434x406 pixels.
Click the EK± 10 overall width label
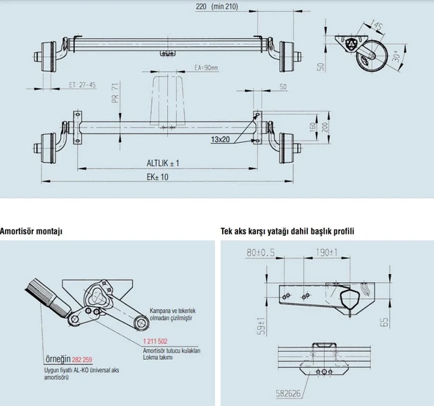[x=158, y=177]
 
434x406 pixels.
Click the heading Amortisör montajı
[x=31, y=230]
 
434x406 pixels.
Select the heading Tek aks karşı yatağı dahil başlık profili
[x=287, y=230]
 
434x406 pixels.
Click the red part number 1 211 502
[x=152, y=342]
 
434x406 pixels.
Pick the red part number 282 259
[x=83, y=360]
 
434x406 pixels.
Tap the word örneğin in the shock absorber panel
[x=56, y=360]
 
